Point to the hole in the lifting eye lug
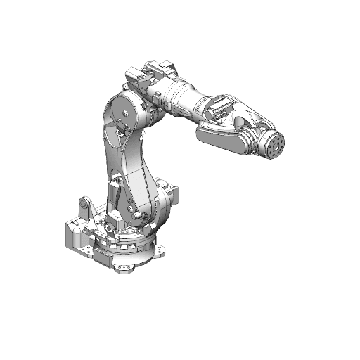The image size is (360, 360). (84, 204)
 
